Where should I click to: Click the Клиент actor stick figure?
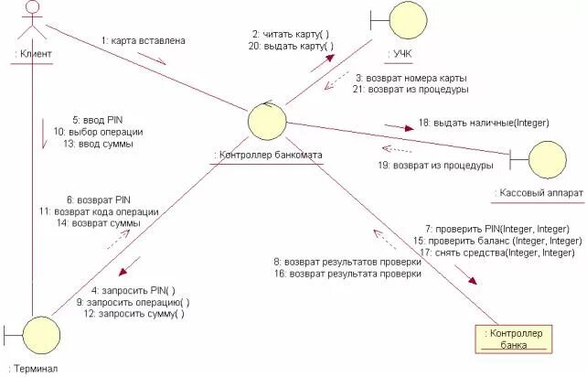32,20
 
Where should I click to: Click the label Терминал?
32,369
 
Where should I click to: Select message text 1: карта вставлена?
143,39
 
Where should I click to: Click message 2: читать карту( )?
292,34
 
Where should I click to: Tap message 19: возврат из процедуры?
436,166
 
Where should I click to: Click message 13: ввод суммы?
99,144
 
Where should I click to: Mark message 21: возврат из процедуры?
411,90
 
